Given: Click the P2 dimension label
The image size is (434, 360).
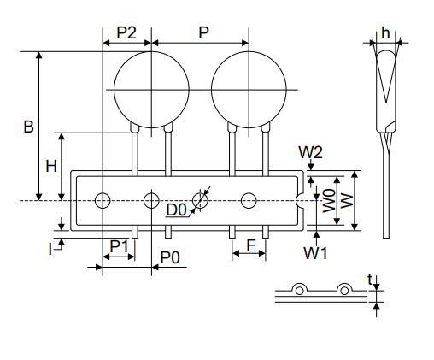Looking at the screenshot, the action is pos(126,32).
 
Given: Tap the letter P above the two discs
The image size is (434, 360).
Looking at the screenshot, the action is pos(203,32).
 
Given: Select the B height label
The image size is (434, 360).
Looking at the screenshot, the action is pos(28,127).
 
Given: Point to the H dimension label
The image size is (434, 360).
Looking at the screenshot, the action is pos(51,166).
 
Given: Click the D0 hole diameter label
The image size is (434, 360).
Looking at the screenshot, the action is pos(176,210).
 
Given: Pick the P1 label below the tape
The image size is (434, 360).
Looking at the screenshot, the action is pos(119,246).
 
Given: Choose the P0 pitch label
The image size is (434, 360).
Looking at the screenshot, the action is pos(170,258).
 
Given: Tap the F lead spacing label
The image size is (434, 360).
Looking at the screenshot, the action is pos(250,245).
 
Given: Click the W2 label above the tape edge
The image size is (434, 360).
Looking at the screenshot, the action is pos(310,152).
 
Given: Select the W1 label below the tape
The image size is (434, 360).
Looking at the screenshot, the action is pos(315,253).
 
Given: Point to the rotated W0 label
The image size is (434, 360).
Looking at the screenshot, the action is pos(329,201).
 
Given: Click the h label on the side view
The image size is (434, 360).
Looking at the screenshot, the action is pos(385,32).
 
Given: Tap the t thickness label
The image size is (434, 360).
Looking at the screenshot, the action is pos(370,280).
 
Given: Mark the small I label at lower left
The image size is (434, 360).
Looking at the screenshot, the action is pos(50,250).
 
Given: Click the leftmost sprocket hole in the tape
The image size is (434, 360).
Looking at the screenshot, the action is pos(103,201).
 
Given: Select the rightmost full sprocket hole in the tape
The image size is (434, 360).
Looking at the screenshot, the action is pos(249,201).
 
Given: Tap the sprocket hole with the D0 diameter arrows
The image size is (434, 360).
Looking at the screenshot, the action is pos(200,201).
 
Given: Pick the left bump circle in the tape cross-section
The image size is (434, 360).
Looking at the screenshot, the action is pos(299,291).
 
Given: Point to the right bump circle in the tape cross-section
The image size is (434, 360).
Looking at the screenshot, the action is pos(344,291).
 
